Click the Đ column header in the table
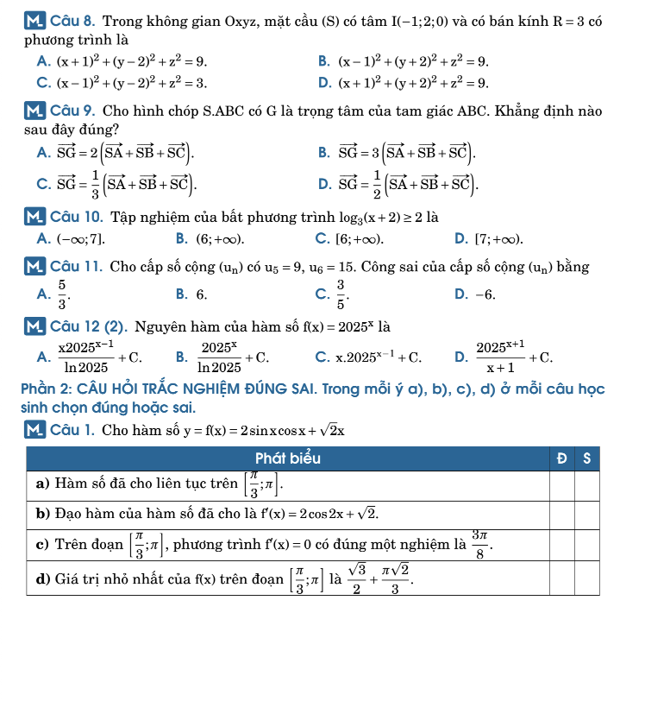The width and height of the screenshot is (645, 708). point(561,458)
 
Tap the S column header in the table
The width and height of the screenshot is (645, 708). point(586,458)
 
